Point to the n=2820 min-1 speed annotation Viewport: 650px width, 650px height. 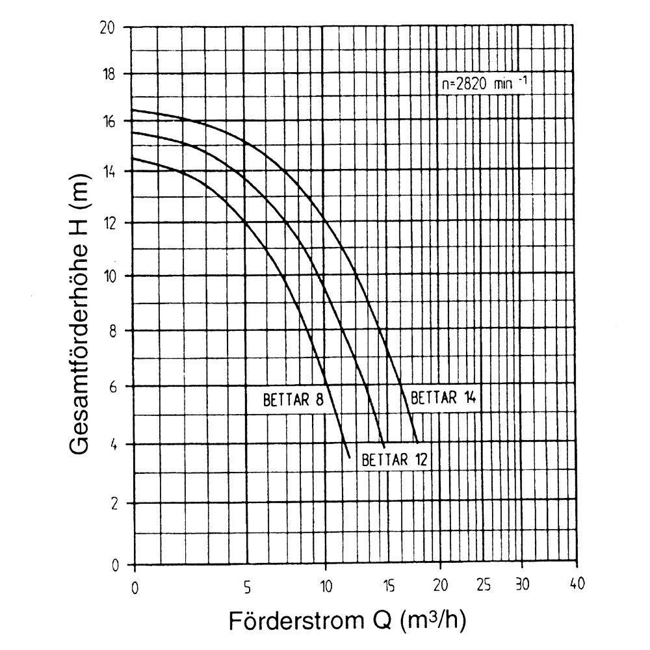pyautogui.click(x=480, y=84)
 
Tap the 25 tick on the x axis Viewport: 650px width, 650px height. pyautogui.click(x=484, y=584)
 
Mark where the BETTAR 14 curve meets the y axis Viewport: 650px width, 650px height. pyautogui.click(x=133, y=110)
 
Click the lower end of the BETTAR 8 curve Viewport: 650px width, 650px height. pyautogui.click(x=350, y=458)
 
